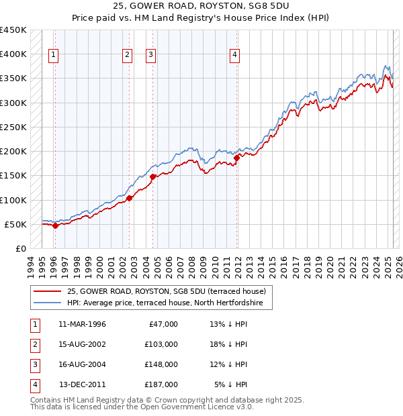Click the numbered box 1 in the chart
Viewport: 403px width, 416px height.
tap(53, 56)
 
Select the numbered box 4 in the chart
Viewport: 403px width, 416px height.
tap(234, 56)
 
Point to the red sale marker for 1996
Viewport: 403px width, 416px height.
tap(55, 225)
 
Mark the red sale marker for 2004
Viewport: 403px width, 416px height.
tap(153, 176)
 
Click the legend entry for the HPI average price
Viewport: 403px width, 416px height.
tap(169, 303)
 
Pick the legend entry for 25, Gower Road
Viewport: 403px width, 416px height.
tap(167, 291)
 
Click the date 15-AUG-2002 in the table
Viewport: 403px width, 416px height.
tap(83, 344)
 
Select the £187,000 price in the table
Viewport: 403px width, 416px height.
tap(161, 384)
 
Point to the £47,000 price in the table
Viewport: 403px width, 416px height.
tap(163, 324)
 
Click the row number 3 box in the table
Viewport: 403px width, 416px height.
tap(33, 364)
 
